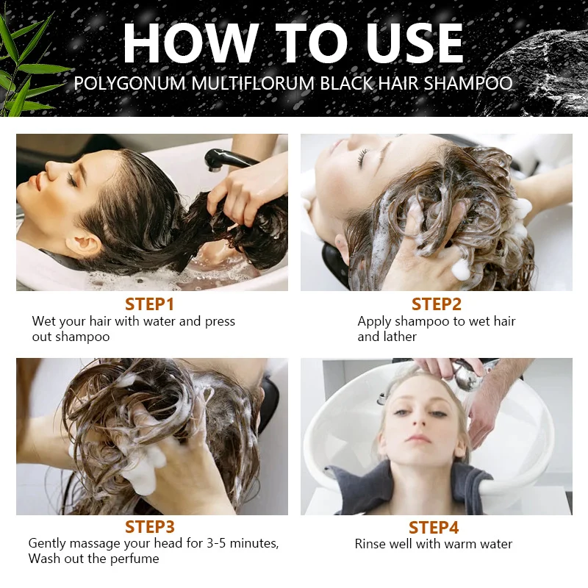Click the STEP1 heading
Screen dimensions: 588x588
[150, 304]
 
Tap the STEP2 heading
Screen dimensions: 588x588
[436, 304]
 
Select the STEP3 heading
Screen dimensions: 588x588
[150, 527]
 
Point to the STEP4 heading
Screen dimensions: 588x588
[434, 528]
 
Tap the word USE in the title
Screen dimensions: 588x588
[415, 43]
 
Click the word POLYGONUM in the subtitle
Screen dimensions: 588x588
[130, 83]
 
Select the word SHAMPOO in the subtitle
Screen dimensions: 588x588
[468, 83]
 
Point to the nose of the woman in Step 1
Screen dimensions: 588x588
[51, 167]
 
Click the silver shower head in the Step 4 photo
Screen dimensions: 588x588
[468, 376]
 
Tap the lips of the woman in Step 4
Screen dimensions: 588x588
[419, 438]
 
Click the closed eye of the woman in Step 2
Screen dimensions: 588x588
[362, 157]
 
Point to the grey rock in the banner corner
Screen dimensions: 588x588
[540, 71]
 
